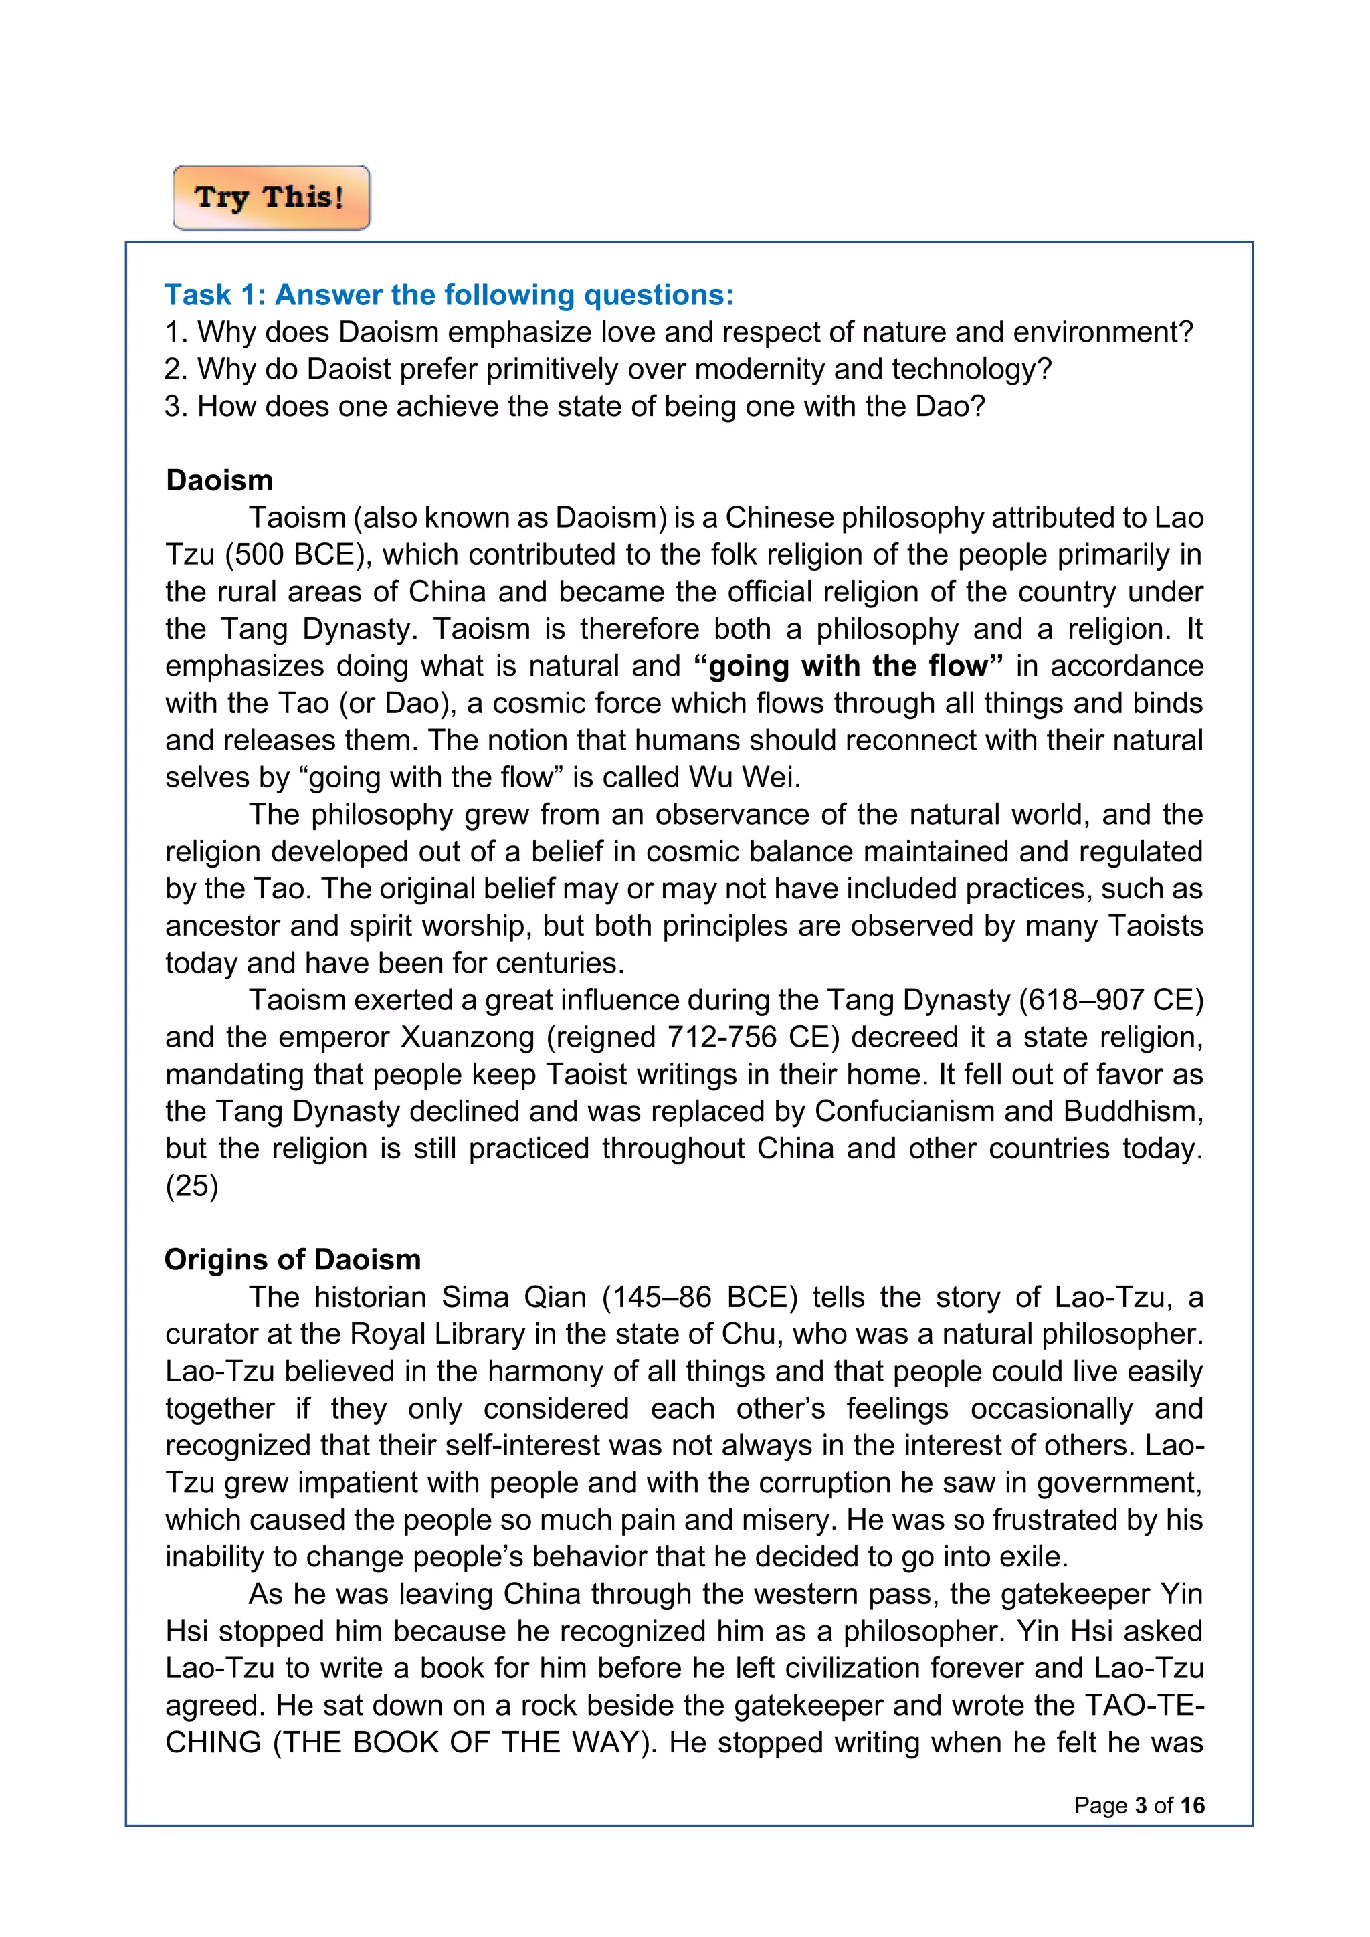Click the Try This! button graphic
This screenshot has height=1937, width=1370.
click(271, 198)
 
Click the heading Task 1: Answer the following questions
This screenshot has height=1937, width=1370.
click(449, 294)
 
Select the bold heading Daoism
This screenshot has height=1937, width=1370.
click(219, 480)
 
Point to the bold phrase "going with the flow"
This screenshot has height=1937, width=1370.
click(848, 666)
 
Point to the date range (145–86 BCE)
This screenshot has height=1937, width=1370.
click(699, 1297)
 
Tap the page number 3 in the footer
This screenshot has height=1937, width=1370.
click(1141, 1805)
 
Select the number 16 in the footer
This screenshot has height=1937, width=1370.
click(1192, 1805)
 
